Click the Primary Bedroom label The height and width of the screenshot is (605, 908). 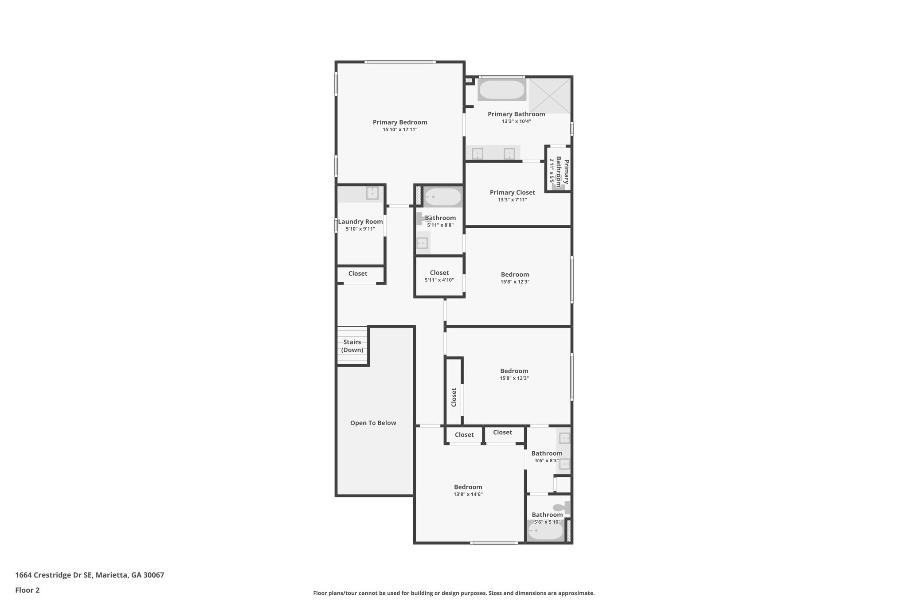point(399,122)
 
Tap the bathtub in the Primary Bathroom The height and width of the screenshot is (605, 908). point(502,90)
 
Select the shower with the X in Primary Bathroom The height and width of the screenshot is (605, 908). point(549,95)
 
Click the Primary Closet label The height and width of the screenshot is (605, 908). point(512,192)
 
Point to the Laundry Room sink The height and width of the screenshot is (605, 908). point(372,193)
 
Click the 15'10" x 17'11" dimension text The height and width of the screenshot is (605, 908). point(399,130)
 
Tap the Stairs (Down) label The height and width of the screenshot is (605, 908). point(352,346)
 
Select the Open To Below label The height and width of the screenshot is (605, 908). point(373,423)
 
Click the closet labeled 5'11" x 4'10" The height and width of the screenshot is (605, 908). point(439,276)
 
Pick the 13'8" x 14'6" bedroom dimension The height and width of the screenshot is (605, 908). point(468,494)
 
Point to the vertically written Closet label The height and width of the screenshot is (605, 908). point(454,397)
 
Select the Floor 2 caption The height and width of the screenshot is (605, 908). point(27,590)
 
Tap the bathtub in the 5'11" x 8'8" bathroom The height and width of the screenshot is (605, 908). point(442,197)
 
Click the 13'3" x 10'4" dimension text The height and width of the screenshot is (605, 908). point(516,121)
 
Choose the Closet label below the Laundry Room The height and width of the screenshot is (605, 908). point(357,273)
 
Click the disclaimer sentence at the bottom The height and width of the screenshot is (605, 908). point(454,593)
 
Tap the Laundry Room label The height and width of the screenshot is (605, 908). point(360,222)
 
